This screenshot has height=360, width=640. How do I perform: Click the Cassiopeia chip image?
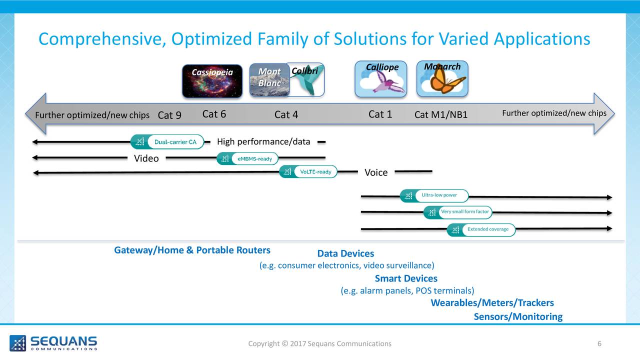point(212,81)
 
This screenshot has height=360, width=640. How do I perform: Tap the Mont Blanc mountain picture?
point(269,80)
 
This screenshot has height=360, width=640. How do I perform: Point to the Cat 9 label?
point(169,115)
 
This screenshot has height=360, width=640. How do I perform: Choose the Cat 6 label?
point(214,114)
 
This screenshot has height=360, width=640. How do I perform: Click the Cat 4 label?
point(286,115)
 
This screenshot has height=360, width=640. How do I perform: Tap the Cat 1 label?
point(380,114)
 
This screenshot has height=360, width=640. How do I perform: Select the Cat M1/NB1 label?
point(441,115)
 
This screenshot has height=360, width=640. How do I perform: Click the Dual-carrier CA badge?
point(167,142)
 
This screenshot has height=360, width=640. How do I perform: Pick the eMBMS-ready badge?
point(247,158)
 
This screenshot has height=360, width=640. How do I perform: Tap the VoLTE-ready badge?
point(308,171)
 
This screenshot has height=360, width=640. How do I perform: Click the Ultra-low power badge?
point(435,195)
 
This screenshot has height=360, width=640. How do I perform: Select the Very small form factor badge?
point(458,212)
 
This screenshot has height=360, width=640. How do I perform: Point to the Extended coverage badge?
point(481,229)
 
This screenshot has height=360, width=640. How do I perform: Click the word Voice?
point(376,172)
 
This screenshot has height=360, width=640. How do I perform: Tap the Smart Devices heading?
point(406,278)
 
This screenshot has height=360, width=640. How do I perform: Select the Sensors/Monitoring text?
point(518,316)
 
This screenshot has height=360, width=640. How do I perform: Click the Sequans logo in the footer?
point(53,343)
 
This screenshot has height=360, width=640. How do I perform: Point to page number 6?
point(599,343)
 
